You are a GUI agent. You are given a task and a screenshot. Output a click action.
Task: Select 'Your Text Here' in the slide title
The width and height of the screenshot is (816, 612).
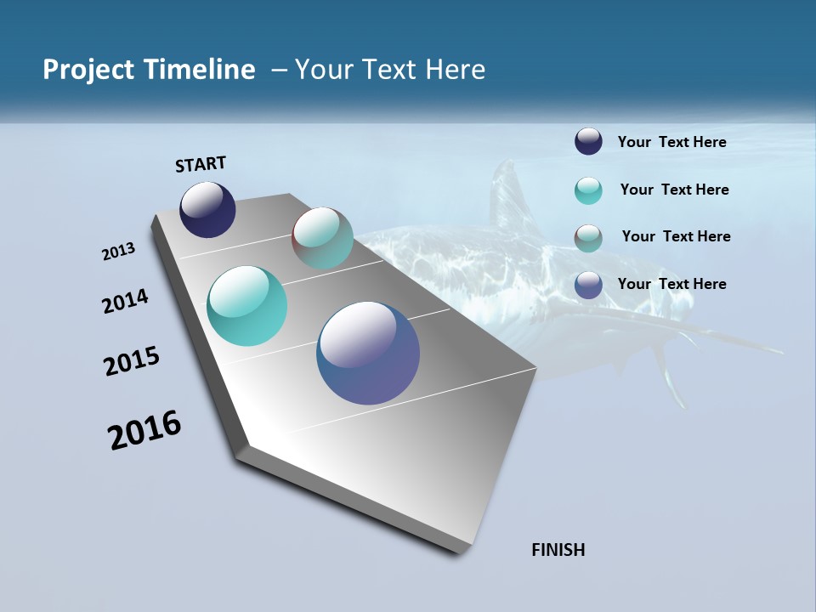click(x=390, y=70)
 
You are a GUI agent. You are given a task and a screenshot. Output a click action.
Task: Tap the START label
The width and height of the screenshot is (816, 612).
click(x=201, y=164)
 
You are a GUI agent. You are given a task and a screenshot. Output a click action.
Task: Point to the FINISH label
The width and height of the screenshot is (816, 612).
click(x=558, y=550)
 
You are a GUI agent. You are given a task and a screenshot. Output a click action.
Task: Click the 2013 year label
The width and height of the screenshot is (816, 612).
click(x=119, y=252)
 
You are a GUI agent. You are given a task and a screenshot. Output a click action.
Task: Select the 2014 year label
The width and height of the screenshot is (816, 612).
click(x=126, y=302)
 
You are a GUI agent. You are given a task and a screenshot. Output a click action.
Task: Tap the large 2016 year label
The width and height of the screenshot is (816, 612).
click(x=144, y=430)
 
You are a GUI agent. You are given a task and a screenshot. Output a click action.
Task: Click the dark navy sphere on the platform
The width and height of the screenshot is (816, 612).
click(x=207, y=210)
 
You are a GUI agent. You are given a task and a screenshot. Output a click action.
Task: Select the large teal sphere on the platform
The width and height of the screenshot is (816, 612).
click(x=247, y=306)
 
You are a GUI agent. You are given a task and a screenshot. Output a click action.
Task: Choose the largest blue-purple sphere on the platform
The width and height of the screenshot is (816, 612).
click(x=368, y=353)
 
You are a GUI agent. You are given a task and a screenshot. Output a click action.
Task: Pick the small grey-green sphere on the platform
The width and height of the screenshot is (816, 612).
click(x=322, y=238)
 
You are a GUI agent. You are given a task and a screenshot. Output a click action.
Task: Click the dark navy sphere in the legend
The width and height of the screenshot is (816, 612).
click(x=588, y=142)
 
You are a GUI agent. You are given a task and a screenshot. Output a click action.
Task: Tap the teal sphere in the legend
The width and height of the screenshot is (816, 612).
click(x=588, y=190)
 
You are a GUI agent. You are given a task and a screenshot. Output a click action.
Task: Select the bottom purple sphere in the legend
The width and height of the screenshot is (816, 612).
click(x=588, y=285)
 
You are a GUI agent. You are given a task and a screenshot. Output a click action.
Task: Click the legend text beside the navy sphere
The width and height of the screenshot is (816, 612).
click(x=671, y=142)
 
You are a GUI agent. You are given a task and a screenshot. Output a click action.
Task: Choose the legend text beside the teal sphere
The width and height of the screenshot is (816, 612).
click(x=674, y=190)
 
